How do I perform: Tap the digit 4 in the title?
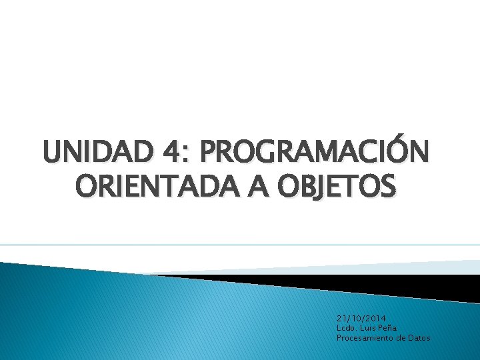[168, 152]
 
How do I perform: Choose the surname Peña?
[389, 328]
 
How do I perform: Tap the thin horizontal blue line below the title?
[240, 245]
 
